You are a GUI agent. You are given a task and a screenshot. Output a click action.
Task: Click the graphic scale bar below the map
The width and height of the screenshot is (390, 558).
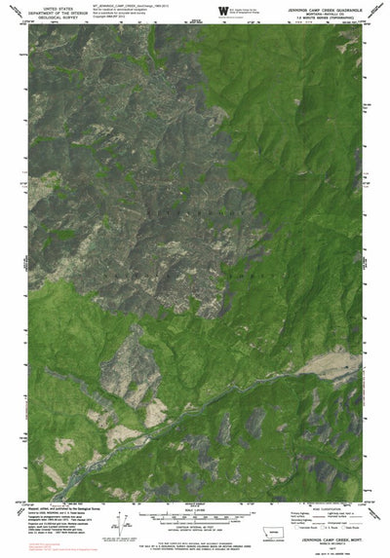click(195, 513)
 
